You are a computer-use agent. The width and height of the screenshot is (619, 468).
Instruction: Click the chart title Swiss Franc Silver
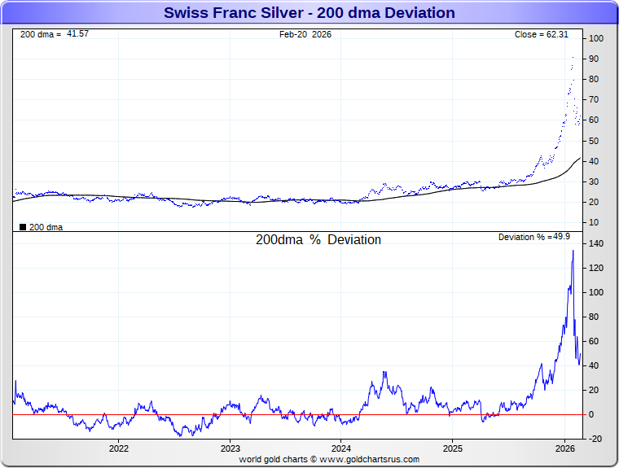(309, 13)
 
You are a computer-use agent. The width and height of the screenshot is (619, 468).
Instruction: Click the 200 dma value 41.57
(77, 34)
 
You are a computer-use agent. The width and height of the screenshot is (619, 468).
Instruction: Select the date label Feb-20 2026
(305, 34)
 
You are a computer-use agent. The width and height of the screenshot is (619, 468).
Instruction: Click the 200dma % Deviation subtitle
(318, 240)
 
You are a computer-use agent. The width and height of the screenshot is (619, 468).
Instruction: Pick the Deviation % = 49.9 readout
(534, 237)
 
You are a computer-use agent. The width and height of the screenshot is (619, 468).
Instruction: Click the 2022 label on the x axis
(119, 448)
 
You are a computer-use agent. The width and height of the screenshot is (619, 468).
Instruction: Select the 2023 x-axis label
(230, 448)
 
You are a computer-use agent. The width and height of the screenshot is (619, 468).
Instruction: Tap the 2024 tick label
(342, 448)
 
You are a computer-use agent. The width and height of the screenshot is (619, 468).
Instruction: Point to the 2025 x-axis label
(454, 448)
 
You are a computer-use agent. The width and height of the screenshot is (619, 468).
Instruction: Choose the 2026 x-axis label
(565, 448)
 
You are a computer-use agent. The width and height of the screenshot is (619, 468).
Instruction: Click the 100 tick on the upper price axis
(597, 39)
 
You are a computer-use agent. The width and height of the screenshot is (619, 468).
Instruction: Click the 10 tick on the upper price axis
(595, 222)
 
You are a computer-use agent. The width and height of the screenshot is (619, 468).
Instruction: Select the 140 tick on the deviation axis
(597, 243)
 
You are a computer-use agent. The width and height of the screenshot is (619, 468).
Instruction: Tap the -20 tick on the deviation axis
(596, 439)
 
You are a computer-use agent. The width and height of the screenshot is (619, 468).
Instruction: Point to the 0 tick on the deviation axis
(593, 414)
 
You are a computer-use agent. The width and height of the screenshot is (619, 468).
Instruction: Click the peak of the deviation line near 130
(573, 251)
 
